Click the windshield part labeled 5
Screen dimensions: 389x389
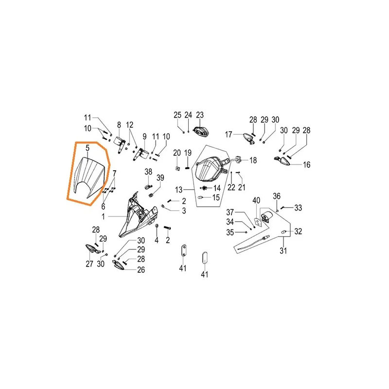point(91,177)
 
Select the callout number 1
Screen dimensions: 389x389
point(103,216)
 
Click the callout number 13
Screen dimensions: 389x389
point(178,190)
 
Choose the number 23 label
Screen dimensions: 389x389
point(200,115)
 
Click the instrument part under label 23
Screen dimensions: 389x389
point(201,131)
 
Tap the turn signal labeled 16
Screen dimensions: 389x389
point(282,160)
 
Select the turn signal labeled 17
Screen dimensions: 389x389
point(249,139)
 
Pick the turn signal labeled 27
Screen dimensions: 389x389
point(92,249)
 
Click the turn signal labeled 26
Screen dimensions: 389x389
point(119,265)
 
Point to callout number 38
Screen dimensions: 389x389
point(148,172)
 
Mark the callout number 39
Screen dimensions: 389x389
point(160,177)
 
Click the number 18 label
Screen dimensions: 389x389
point(253,160)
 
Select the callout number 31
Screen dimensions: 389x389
point(283,250)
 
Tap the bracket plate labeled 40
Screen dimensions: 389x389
point(258,221)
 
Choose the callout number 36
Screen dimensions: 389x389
point(277,196)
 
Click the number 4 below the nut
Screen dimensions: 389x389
point(157,240)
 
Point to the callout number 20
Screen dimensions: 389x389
point(177,153)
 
